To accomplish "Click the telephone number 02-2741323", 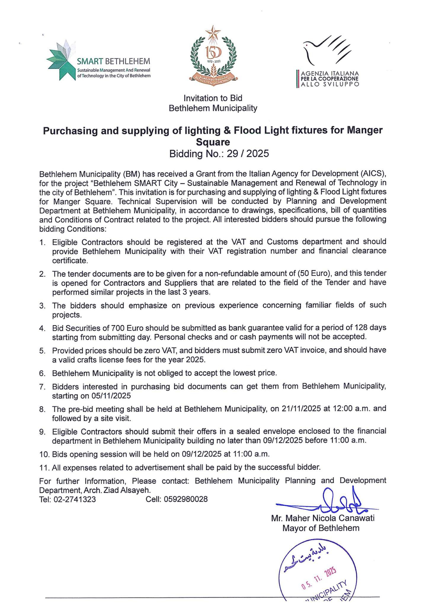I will pyautogui.click(x=75, y=499).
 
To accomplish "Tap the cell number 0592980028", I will pyautogui.click(x=186, y=499).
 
